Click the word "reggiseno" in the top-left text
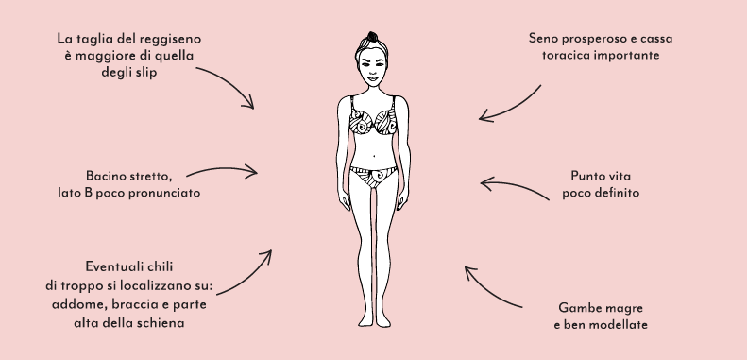tap(172, 40)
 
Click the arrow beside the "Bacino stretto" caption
tap(222, 172)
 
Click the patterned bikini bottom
tap(373, 177)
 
